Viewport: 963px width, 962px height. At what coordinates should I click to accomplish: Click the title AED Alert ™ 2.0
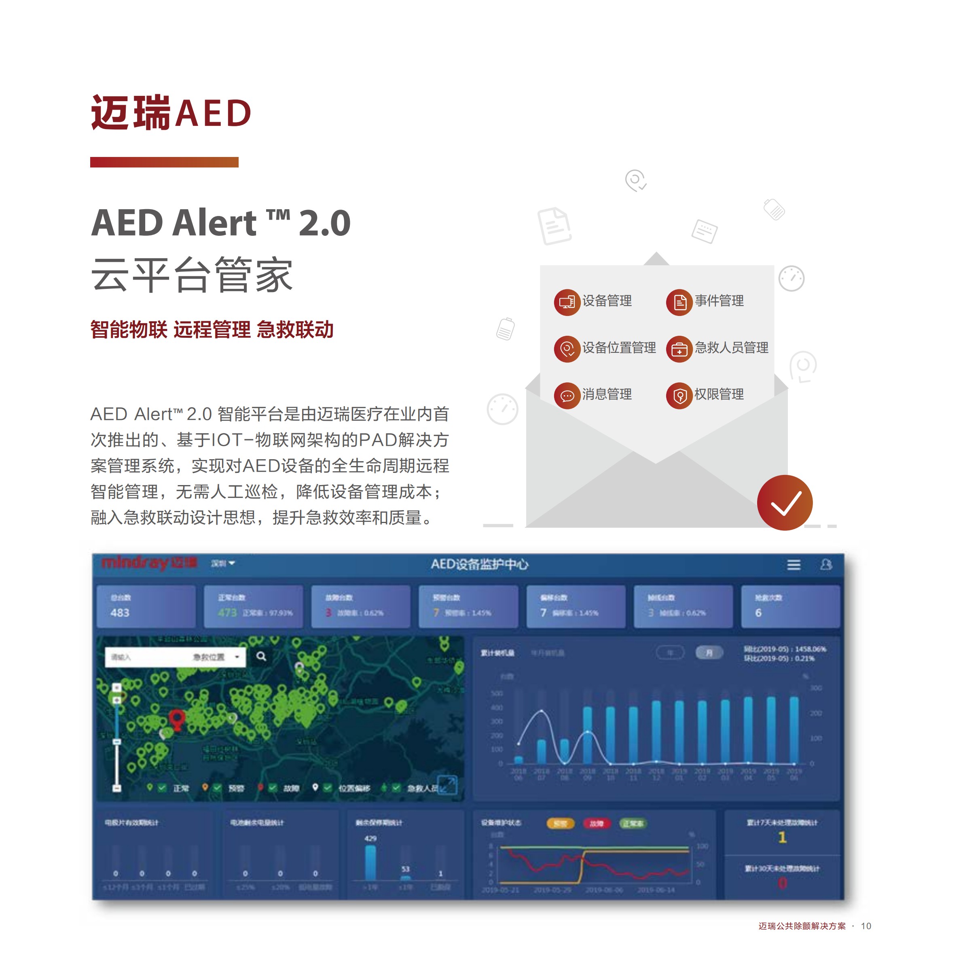(x=221, y=223)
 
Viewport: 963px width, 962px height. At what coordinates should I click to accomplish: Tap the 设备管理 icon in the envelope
(x=567, y=302)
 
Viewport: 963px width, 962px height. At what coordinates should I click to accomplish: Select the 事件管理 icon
(x=679, y=302)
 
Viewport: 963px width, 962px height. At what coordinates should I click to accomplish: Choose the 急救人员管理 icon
(x=679, y=349)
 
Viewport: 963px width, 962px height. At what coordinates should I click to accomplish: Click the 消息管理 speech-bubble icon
(x=567, y=396)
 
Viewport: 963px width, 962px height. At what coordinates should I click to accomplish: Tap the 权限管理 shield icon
(x=679, y=396)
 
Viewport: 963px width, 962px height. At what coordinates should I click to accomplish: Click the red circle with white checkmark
(x=784, y=502)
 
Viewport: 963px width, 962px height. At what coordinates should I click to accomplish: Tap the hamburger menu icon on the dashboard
(x=794, y=564)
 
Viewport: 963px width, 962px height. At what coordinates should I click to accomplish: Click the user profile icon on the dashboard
(x=825, y=564)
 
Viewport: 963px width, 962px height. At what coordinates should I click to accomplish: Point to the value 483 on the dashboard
(x=120, y=612)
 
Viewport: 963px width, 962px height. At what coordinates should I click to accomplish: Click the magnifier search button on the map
(x=261, y=656)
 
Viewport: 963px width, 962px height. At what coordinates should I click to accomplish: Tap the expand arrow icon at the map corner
(x=447, y=786)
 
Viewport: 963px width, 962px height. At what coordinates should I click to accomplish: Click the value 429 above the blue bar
(x=370, y=838)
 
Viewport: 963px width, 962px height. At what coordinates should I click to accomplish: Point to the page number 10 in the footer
(x=866, y=926)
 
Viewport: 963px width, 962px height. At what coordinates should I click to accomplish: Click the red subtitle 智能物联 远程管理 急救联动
(x=212, y=329)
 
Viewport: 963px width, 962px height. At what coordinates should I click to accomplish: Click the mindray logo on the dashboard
(x=148, y=563)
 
